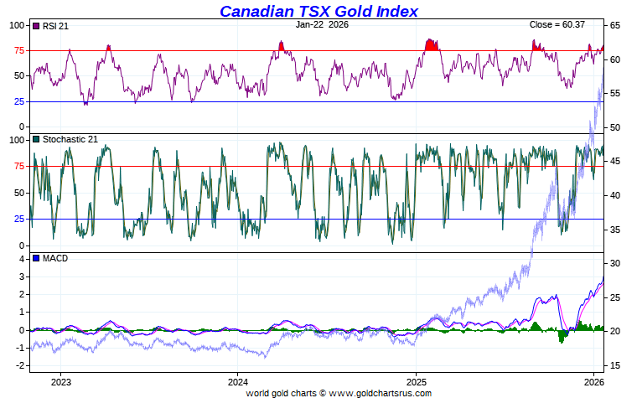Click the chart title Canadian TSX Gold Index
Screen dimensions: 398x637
(x=318, y=11)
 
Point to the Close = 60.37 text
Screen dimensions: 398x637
(x=558, y=24)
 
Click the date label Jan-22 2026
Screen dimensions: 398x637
(x=322, y=24)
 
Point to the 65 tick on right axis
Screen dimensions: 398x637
(x=614, y=26)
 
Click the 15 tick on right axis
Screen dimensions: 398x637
(x=614, y=365)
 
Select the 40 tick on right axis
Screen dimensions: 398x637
(x=614, y=195)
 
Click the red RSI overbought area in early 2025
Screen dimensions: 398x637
(x=432, y=45)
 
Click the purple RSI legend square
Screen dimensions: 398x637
(x=35, y=26)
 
